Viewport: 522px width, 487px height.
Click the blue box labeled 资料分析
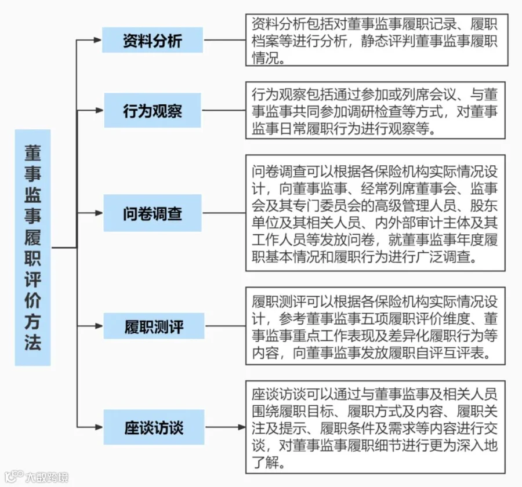(x=153, y=40)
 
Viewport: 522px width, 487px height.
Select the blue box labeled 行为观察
(x=153, y=110)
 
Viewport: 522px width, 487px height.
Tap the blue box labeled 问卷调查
(x=153, y=213)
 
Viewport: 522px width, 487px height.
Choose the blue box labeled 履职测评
(x=154, y=326)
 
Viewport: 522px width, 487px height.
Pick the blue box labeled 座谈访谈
(x=154, y=427)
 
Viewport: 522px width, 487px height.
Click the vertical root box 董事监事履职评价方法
(x=32, y=248)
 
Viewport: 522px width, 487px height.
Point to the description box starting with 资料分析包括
(x=377, y=40)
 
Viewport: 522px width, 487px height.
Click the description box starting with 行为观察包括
(x=375, y=110)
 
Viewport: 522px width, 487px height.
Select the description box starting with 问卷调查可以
(x=375, y=213)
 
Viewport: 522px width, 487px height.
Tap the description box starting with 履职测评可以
(x=375, y=326)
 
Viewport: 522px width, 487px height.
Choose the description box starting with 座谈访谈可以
(x=375, y=427)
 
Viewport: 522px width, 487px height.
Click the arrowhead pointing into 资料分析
(x=97, y=40)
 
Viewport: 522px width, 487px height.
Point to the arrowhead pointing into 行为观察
(x=99, y=110)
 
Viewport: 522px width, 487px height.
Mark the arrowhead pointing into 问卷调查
(x=99, y=213)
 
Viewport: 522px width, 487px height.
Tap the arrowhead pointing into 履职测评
(x=99, y=326)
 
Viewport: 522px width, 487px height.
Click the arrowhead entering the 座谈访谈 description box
(x=242, y=427)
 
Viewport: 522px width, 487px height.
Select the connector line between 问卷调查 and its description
(x=224, y=213)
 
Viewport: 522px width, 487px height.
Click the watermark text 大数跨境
(x=47, y=477)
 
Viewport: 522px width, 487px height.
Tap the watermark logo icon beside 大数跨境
(x=14, y=477)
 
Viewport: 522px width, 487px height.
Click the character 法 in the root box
(x=32, y=342)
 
